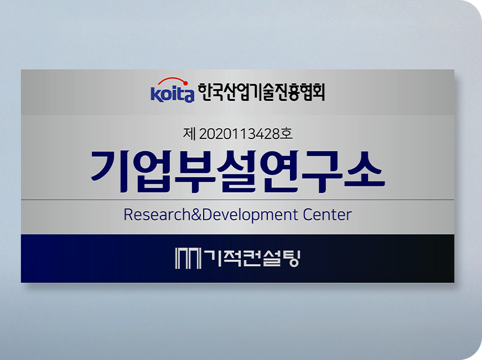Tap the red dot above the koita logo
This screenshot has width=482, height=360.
[185, 83]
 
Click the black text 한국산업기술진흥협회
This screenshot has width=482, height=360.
[261, 92]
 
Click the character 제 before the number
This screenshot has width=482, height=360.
[189, 134]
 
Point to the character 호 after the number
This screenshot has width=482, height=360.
[286, 134]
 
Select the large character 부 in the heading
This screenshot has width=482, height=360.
[195, 172]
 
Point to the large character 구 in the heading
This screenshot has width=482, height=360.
[322, 172]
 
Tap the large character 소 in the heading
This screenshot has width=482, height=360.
[364, 170]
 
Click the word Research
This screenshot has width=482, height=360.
[157, 214]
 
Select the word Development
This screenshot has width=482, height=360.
[250, 215]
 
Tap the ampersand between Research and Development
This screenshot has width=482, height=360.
[196, 214]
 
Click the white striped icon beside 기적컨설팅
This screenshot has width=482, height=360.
[188, 258]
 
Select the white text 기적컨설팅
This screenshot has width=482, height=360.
[251, 258]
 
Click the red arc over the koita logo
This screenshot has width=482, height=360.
[172, 79]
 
